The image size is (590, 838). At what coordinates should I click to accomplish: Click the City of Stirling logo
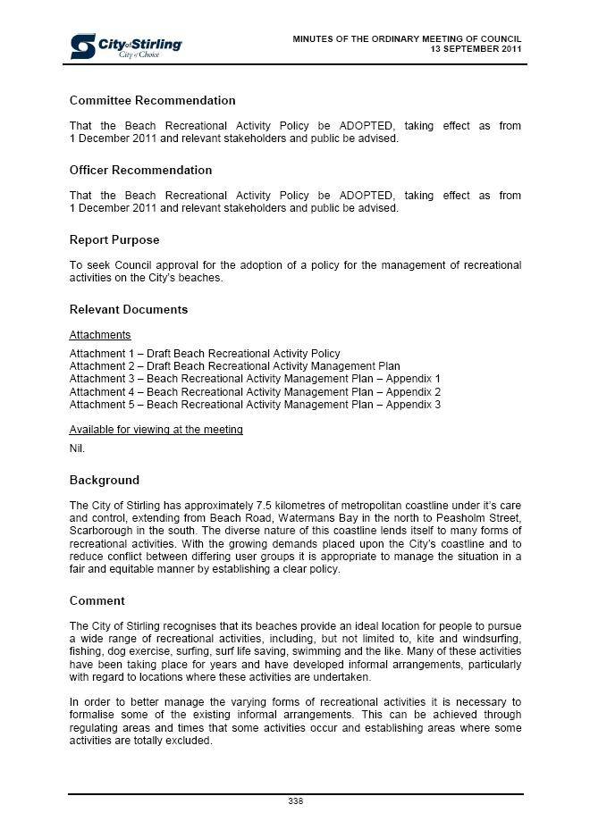(126, 46)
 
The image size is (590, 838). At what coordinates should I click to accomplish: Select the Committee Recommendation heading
(152, 100)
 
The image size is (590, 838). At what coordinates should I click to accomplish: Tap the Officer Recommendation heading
(140, 170)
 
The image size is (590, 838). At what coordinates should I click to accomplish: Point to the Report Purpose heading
(114, 239)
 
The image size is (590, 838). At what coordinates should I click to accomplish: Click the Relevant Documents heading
(129, 309)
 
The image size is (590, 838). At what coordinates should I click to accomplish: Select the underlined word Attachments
(100, 335)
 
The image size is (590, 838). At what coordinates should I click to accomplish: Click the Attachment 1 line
(205, 354)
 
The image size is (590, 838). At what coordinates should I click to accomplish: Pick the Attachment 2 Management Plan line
(234, 366)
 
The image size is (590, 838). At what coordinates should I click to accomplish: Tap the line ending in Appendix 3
(255, 405)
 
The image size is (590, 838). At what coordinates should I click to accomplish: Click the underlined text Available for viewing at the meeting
(156, 430)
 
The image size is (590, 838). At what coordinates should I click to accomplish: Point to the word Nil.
(77, 448)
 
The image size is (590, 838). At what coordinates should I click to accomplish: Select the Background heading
(105, 480)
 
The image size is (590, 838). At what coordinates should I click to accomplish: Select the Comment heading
(97, 600)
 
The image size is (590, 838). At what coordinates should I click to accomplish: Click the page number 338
(295, 800)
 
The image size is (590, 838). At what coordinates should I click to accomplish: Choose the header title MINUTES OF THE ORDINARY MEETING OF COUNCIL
(407, 38)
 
